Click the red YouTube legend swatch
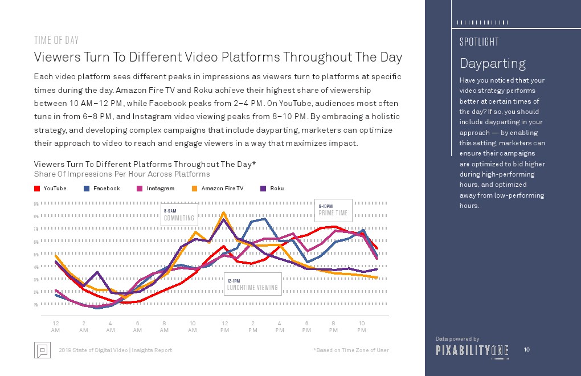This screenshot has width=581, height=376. [37, 189]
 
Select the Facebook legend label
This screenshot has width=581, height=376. [107, 189]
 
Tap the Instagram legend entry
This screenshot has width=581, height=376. [160, 189]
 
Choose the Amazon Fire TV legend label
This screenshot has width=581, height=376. [222, 189]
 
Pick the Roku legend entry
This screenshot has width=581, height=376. [277, 189]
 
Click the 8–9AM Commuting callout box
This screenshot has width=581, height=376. [179, 214]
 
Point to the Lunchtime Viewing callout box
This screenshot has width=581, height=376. [253, 284]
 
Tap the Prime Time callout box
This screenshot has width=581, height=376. [333, 210]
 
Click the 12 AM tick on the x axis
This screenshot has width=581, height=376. [55, 326]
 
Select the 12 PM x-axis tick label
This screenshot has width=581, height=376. [225, 326]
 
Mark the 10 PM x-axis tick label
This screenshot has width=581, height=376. [362, 326]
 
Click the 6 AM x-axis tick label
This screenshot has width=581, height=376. [137, 326]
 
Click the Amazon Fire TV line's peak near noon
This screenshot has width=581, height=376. [223, 213]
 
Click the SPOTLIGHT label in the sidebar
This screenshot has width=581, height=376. [479, 42]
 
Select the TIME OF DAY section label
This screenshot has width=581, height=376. [56, 40]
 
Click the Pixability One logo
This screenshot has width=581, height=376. [472, 350]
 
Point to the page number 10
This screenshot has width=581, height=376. [527, 349]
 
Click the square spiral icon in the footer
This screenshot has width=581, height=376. [42, 350]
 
